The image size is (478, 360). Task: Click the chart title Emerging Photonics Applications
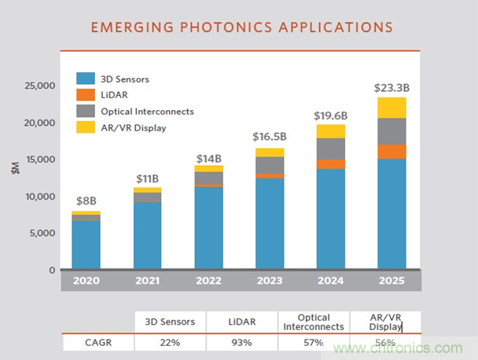point(242,28)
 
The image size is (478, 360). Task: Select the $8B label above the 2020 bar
point(86,202)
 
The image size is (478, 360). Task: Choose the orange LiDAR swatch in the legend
point(86,94)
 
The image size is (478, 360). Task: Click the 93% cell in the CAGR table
point(241,342)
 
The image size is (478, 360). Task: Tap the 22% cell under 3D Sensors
point(170,342)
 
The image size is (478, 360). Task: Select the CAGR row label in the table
point(98,342)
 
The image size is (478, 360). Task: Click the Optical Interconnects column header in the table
point(313,321)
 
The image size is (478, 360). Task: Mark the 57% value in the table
point(313,342)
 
